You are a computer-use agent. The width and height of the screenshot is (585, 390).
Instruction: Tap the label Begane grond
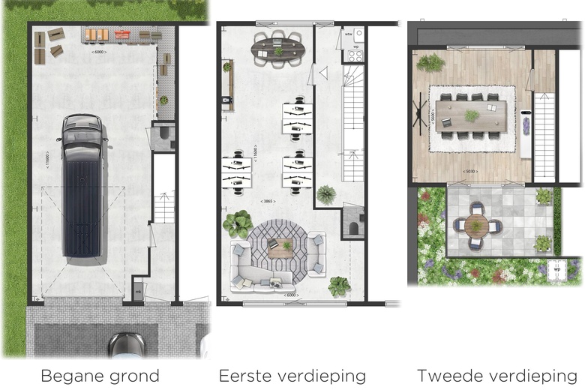point(100,376)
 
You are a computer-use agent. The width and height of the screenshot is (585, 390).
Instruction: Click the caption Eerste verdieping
point(292,376)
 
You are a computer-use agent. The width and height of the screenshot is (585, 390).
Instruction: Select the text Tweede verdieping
point(497,376)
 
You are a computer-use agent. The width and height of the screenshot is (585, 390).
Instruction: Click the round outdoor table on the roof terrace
point(475,224)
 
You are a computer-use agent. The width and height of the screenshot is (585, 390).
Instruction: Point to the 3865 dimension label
point(268,202)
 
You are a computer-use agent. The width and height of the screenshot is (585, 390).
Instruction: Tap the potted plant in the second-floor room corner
point(430,63)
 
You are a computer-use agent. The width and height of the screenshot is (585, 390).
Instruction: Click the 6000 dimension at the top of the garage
point(99,52)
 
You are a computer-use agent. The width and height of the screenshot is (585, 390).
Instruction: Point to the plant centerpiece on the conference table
point(472,115)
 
